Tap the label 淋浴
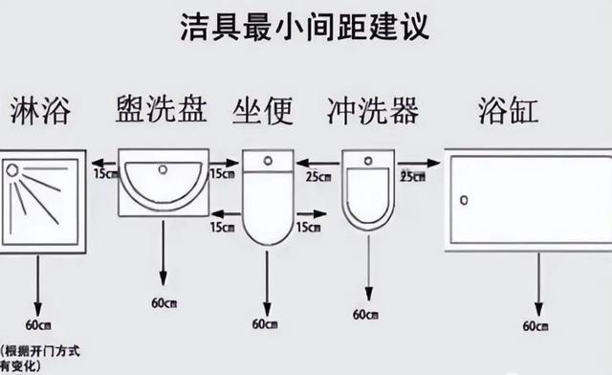(43, 112)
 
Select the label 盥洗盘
(161, 112)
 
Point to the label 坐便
(266, 112)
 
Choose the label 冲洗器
(372, 112)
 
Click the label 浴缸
(508, 112)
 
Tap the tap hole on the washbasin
(163, 169)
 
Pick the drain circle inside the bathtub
(465, 201)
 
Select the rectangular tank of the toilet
(268, 161)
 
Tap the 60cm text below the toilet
(265, 324)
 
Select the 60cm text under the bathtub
(535, 325)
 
